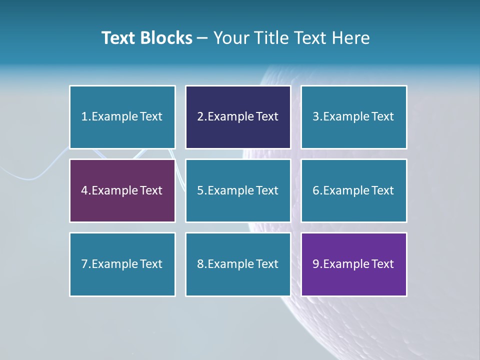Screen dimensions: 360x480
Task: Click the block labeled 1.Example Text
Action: coord(122,117)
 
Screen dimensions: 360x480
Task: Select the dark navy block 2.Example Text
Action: coord(238,117)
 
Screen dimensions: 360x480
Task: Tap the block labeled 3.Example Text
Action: coord(353,117)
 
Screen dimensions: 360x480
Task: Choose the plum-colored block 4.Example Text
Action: coord(122,190)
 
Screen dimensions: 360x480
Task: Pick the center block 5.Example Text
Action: coord(238,190)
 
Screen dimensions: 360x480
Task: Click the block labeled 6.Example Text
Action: coord(353,190)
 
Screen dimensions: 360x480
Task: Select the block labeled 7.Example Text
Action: coord(122,264)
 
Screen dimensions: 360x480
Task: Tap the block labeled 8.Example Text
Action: coord(238,264)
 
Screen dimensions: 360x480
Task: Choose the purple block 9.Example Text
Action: coord(353,264)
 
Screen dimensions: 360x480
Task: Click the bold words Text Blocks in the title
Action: coord(147,38)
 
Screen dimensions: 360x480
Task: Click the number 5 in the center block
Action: coord(200,190)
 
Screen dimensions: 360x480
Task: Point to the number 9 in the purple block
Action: coord(316,264)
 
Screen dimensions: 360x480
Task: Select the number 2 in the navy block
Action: coord(200,117)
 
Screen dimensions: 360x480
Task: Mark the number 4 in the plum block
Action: coord(84,190)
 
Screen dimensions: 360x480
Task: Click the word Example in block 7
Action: coord(114,264)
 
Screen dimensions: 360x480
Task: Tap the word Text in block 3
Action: coord(383,117)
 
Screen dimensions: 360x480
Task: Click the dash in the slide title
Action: coord(202,38)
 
